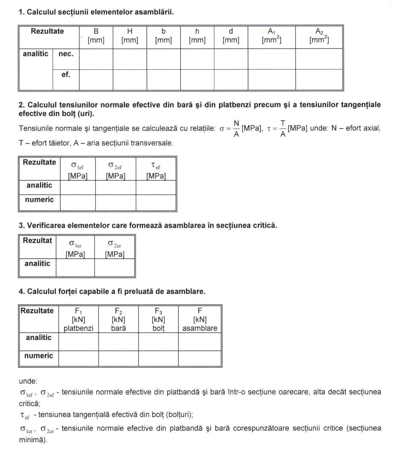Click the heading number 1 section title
96,12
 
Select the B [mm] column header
96,36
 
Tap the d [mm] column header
231,36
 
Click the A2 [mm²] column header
319,36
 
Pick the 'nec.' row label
66,54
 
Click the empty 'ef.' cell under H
130,80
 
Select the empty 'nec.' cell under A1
271,59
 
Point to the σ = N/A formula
230,129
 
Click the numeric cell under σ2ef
115,203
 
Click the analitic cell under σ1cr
75,267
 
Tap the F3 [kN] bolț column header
158,319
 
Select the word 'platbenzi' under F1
79,328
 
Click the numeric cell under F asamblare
200,358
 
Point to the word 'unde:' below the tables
28,381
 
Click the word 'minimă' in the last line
32,440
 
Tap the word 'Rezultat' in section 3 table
37,240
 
